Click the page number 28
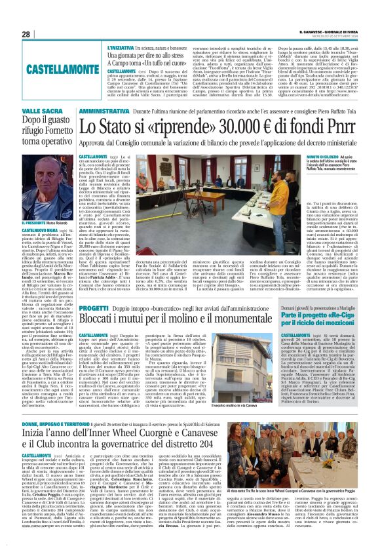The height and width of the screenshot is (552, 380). coord(26,34)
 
